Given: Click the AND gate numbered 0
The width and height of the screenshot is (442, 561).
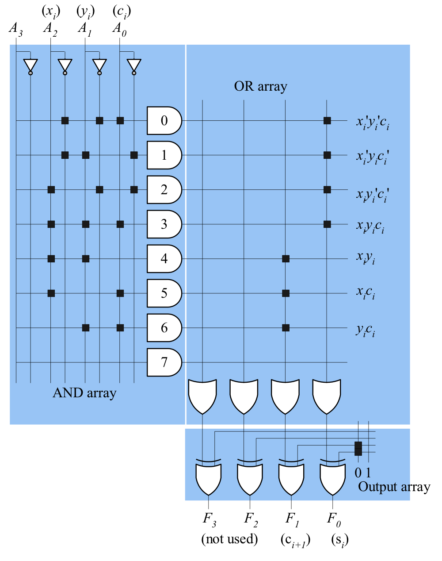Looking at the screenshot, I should pos(164,120).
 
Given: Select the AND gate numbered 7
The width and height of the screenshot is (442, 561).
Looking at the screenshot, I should pos(164,362).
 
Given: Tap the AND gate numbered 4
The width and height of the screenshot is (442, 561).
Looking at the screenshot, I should pos(164,258).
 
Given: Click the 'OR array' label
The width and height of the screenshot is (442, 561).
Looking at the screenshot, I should pos(260,86).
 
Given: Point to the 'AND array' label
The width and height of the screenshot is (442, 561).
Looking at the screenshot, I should pos(84,393).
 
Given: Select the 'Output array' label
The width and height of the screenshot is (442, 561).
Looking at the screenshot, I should pos(394,487).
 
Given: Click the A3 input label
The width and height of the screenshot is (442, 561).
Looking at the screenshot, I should pos(15,29).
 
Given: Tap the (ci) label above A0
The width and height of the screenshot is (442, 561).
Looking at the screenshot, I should pos(122,11).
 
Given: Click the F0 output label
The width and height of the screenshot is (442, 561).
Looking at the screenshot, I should pos(334,519).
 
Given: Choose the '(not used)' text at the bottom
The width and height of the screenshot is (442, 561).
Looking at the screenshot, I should pos(229,539).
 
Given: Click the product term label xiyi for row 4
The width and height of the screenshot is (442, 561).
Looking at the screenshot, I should pos(366,257).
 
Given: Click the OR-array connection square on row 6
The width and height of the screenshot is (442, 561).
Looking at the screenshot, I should pos(286,328).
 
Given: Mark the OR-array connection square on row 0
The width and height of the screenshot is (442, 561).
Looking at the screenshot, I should pos(327,120).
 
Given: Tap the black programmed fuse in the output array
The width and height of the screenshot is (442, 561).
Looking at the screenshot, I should pos(358,448).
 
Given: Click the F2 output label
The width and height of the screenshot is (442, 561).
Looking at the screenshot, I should pos(251,519).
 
